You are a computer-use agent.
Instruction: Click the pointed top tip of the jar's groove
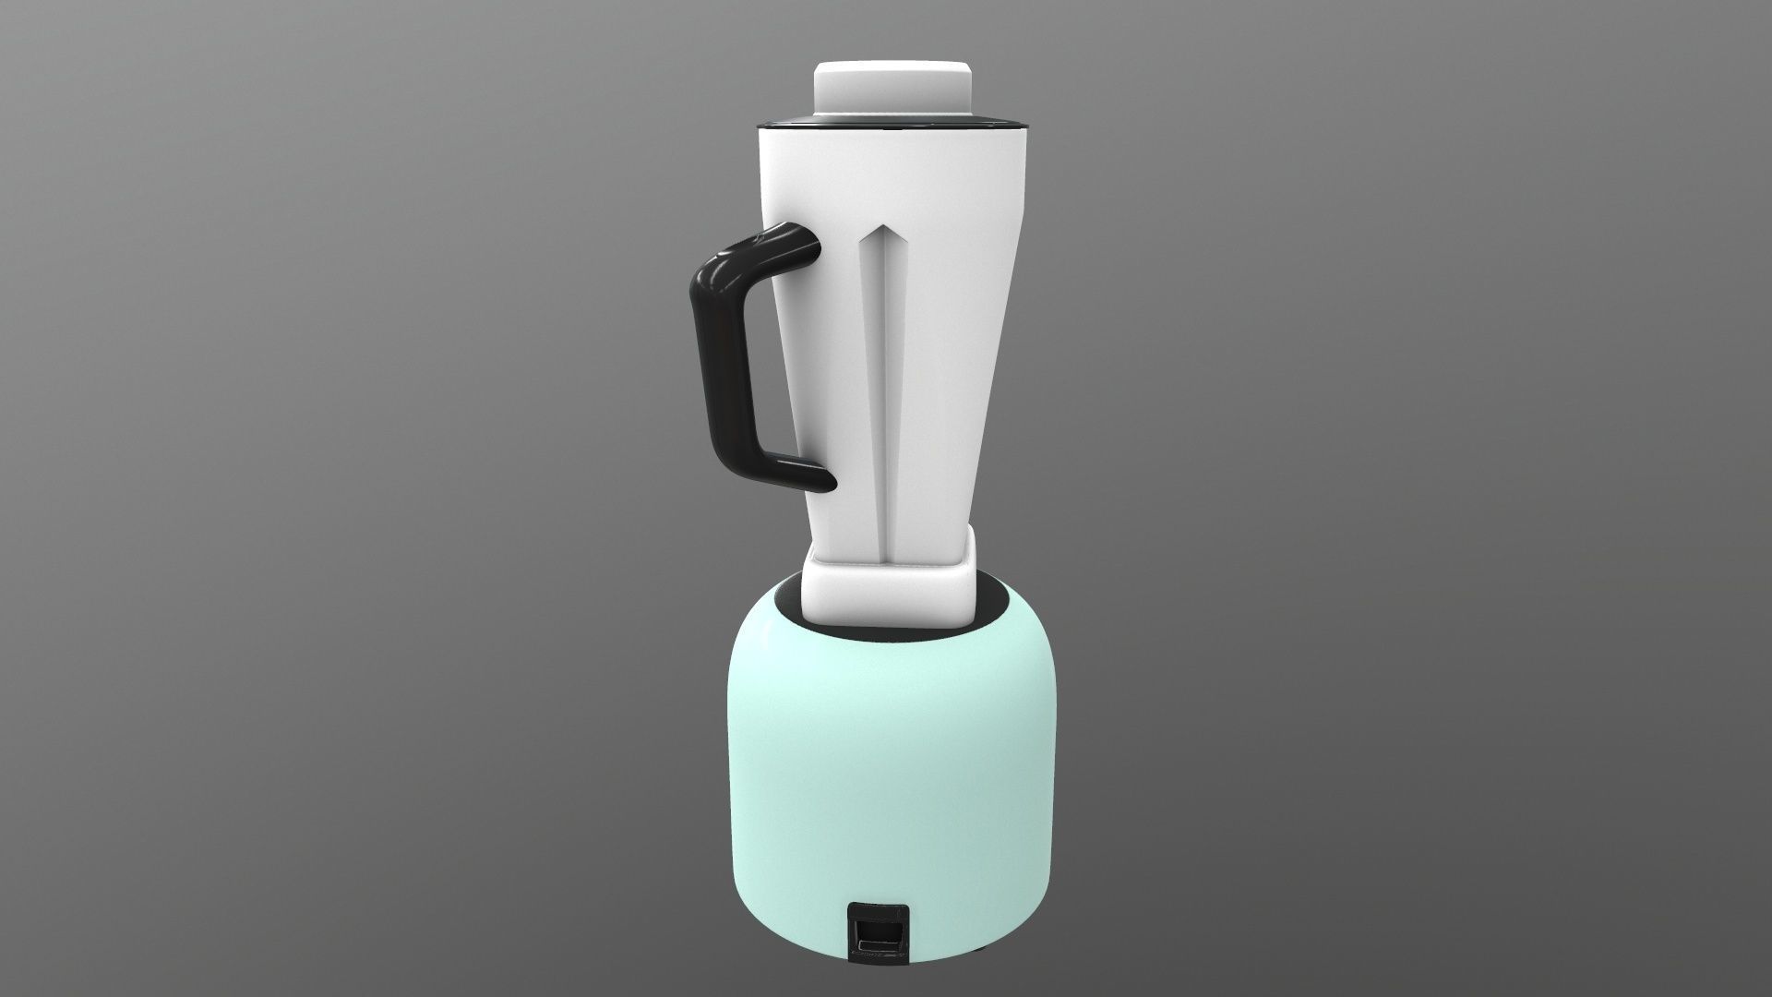(x=887, y=227)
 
